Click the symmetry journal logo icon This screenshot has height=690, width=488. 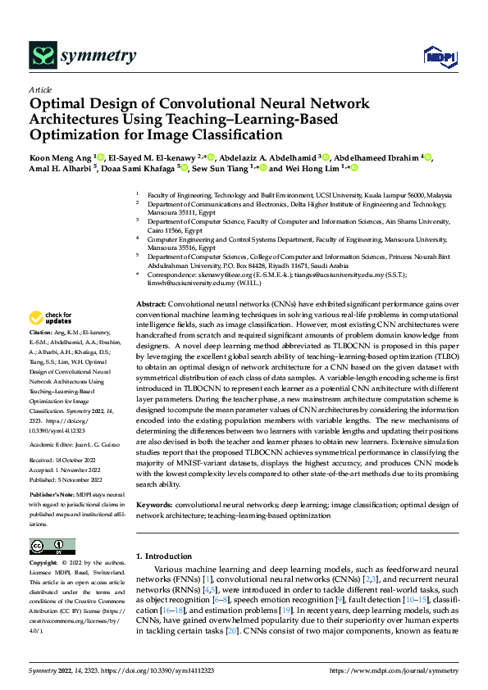pos(40,55)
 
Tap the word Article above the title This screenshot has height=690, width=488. pos(39,90)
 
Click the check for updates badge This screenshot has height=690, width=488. pos(50,317)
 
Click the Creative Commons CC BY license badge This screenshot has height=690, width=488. pos(52,547)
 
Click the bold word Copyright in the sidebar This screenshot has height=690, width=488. pos(43,565)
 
